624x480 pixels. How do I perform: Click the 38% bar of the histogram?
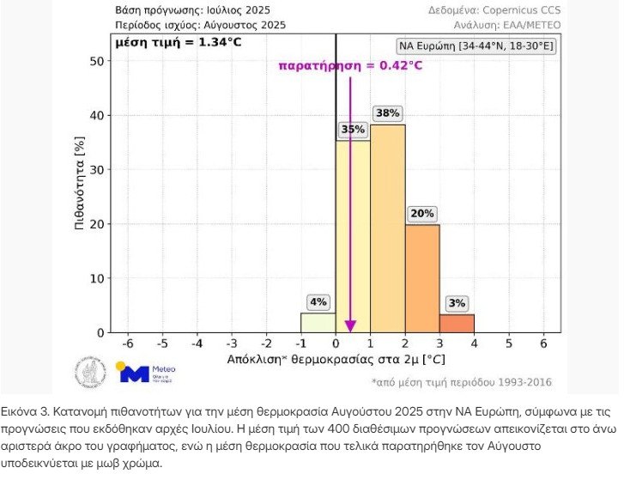coord(387,228)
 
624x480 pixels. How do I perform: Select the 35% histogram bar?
coord(353,236)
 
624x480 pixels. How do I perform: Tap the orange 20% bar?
coord(421,278)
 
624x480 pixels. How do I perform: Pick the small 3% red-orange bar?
coord(457,324)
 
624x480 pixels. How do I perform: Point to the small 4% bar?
coord(318,323)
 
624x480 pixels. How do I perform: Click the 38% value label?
coord(387,113)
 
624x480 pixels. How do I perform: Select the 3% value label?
coord(457,303)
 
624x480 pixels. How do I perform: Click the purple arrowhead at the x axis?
coord(349,325)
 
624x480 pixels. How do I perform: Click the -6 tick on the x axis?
coord(127,343)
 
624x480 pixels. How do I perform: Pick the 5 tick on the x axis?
coord(508,343)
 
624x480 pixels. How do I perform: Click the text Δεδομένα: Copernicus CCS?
coord(494,10)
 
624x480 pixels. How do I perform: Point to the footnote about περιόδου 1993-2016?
coord(462,382)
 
